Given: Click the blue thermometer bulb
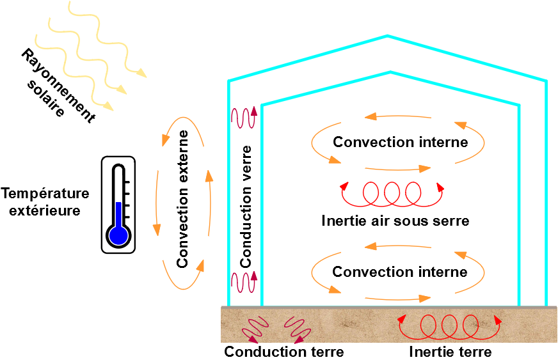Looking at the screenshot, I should tap(118, 235).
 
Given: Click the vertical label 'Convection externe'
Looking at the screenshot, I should tap(183, 199).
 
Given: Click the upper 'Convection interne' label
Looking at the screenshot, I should tap(401, 141).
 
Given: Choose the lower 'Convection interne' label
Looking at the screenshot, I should tap(400, 272).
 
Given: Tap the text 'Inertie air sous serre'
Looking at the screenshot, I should tap(395, 221).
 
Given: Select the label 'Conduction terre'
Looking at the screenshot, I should tap(284, 352).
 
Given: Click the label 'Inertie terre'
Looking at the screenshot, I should tap(450, 352).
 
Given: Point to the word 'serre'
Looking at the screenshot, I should tap(451, 221).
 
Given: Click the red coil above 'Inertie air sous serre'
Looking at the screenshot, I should tap(392, 194).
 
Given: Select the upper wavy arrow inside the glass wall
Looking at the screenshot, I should tap(244, 118).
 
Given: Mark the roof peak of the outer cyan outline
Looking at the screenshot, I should tap(387, 36).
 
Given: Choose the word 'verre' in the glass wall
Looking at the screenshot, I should tap(246, 164).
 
